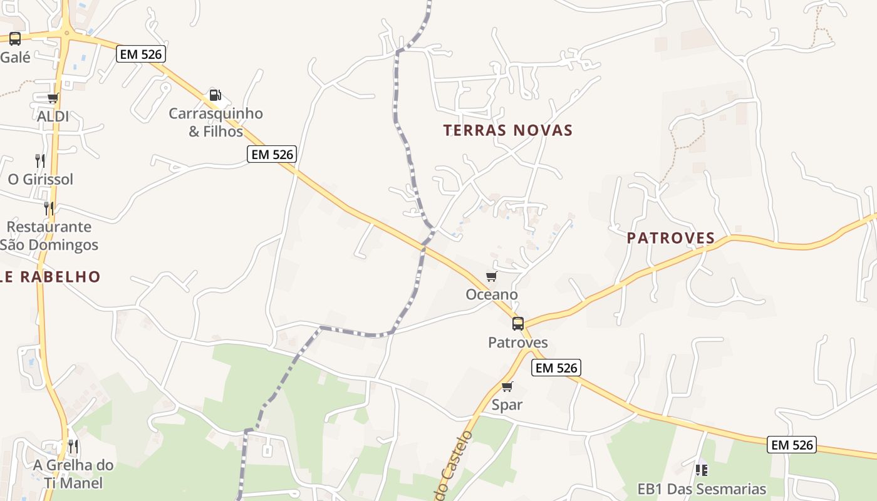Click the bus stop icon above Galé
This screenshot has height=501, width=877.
click(x=15, y=39)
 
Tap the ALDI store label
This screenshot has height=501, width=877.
click(x=53, y=116)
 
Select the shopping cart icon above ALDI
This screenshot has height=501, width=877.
click(x=53, y=98)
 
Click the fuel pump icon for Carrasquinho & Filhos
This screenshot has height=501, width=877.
click(x=215, y=95)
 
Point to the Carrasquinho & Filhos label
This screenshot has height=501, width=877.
click(x=215, y=123)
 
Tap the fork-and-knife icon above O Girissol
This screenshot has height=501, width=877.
click(x=40, y=160)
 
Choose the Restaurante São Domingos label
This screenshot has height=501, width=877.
click(x=49, y=235)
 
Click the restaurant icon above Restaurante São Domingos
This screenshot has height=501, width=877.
click(x=48, y=208)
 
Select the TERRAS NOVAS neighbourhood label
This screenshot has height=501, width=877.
click(x=508, y=130)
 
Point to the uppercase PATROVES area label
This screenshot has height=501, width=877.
click(x=671, y=238)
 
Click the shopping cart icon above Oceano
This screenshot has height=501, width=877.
click(x=491, y=277)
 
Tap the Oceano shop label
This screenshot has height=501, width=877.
click(x=492, y=294)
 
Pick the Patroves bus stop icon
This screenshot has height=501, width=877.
click(x=518, y=324)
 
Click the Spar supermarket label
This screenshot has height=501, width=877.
click(x=507, y=405)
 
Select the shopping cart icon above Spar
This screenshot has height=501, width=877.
click(x=507, y=386)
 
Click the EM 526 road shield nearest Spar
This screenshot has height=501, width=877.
click(x=556, y=368)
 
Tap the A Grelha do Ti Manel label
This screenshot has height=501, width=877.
click(x=73, y=474)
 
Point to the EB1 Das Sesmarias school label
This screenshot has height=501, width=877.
click(x=702, y=489)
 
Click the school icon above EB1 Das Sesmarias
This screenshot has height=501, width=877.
click(x=702, y=469)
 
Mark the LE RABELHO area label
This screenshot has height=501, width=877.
click(x=50, y=277)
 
